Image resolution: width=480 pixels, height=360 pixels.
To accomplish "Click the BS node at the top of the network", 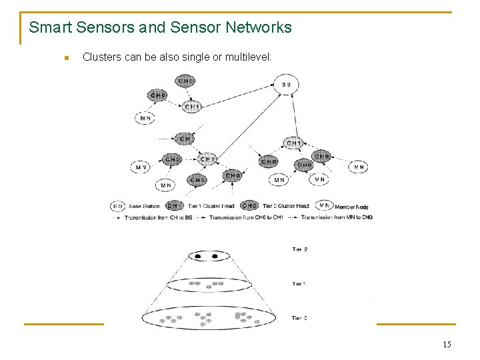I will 286,85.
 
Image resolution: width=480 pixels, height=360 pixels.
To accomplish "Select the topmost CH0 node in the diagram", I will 186,81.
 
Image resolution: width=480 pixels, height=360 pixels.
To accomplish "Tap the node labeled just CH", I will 185,139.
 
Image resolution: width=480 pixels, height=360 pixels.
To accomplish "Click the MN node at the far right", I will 359,167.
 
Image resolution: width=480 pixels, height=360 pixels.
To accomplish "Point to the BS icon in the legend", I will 118,206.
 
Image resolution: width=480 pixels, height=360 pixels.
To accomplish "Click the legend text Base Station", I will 144,207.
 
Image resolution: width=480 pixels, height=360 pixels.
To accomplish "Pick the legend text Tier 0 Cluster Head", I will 286,207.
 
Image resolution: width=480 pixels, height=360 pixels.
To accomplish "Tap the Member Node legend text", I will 351,207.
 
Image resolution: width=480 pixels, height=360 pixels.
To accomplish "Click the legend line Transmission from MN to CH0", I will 336,217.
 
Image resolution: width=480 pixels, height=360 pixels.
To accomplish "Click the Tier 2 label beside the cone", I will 300,249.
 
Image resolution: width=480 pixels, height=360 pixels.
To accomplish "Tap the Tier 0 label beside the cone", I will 300,318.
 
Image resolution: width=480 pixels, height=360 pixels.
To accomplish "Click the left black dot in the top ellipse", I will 199,256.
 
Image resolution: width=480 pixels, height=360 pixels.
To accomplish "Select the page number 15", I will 446,344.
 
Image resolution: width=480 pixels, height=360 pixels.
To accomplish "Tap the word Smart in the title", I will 51,27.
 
